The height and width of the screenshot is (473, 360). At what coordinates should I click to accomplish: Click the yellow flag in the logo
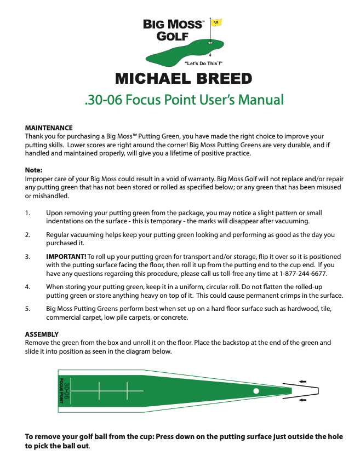pyautogui.click(x=215, y=22)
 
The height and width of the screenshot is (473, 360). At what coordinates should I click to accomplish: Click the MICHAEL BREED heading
pyautogui.click(x=184, y=79)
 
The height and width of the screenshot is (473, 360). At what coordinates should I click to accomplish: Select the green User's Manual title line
pyautogui.click(x=184, y=100)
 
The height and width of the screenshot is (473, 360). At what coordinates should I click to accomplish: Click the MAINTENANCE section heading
pyautogui.click(x=49, y=127)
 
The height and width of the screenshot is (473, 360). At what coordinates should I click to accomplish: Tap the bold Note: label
pyautogui.click(x=34, y=170)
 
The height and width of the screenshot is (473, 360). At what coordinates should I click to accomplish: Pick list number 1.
pyautogui.click(x=28, y=212)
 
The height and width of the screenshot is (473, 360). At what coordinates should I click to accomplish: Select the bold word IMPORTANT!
pyautogui.click(x=66, y=256)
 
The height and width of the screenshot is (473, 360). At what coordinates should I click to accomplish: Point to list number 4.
pyautogui.click(x=28, y=286)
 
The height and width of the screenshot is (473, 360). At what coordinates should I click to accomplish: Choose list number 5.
pyautogui.click(x=28, y=309)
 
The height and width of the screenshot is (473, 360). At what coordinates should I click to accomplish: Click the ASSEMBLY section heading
pyautogui.click(x=42, y=334)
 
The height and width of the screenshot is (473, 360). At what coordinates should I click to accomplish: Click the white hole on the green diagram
pyautogui.click(x=256, y=390)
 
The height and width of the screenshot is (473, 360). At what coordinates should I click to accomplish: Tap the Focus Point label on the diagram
pyautogui.click(x=61, y=391)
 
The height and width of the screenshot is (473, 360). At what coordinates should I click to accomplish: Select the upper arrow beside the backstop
pyautogui.click(x=303, y=381)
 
